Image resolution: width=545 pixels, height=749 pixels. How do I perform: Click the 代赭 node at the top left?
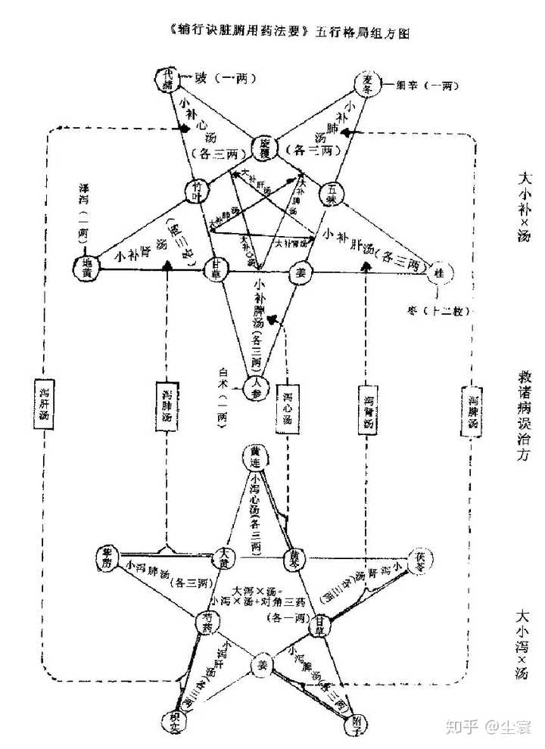pos(167,78)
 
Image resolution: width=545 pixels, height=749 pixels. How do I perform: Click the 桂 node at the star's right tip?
pos(439,272)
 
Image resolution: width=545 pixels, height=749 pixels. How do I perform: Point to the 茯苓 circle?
pos(421,561)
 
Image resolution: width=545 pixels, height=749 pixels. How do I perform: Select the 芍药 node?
pos(207,622)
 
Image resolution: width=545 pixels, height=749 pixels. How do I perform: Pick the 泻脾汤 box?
pos(473,411)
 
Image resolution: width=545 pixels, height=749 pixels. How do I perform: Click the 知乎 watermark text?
pos(462,728)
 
